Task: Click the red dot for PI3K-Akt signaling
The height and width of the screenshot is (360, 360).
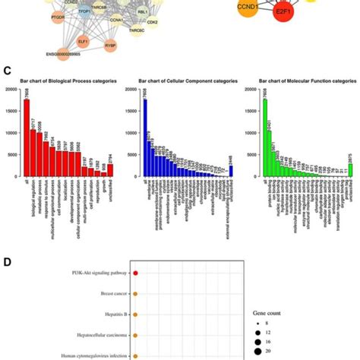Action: pos(135,272)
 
